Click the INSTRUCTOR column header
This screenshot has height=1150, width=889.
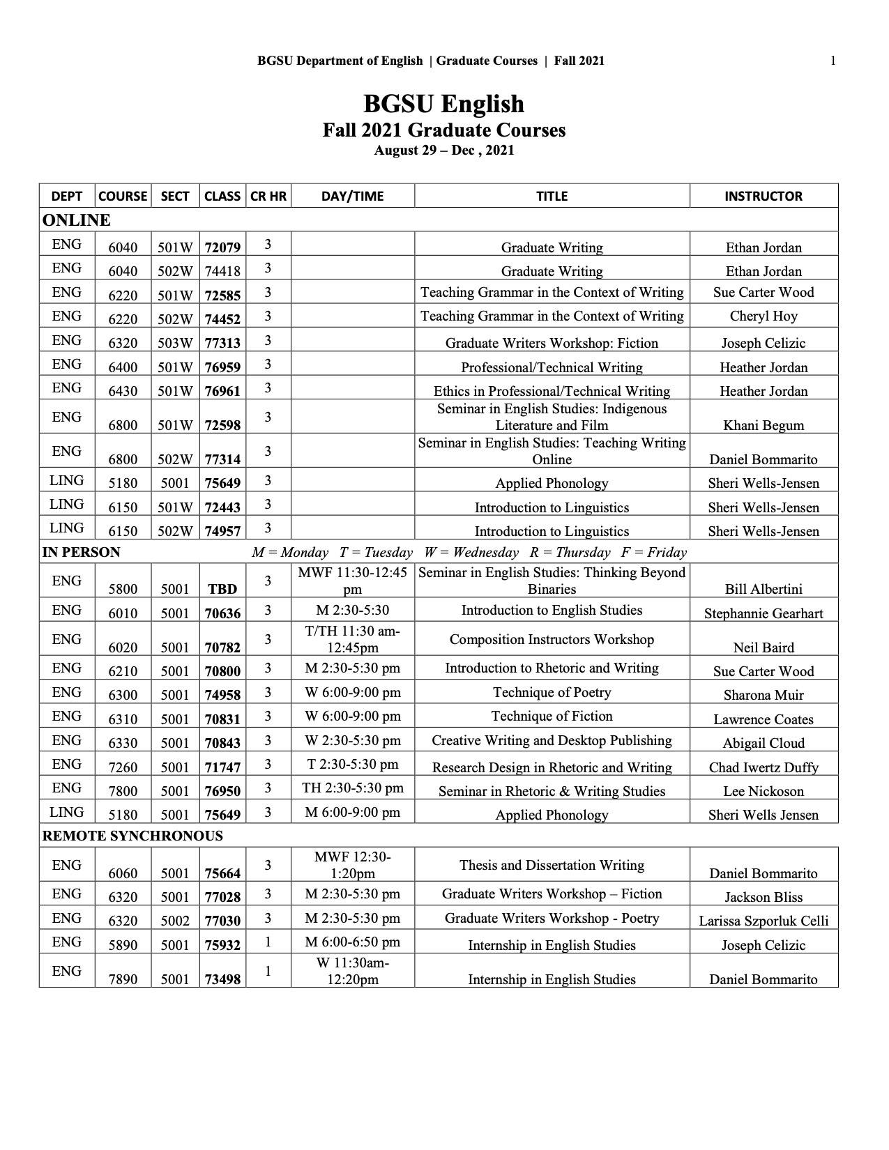click(x=763, y=196)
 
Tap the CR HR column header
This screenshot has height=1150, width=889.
click(x=268, y=196)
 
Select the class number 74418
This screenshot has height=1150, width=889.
click(x=222, y=271)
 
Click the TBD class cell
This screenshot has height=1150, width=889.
click(x=222, y=589)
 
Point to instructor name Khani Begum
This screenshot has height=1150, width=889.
click(x=763, y=425)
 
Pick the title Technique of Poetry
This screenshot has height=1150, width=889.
click(x=552, y=692)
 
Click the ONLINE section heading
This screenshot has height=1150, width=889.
click(x=77, y=220)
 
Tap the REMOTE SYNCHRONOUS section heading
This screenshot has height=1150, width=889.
click(x=132, y=836)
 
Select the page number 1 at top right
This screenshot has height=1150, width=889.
click(x=833, y=61)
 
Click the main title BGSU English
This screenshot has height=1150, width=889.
click(x=443, y=104)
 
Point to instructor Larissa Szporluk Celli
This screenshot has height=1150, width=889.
click(x=763, y=921)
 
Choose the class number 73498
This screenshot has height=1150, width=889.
click(x=222, y=979)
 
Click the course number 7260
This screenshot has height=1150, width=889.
click(x=123, y=767)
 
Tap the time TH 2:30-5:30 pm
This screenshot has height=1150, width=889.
click(x=353, y=788)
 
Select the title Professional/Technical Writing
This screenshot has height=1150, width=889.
click(x=552, y=367)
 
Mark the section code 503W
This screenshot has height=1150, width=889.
click(x=175, y=343)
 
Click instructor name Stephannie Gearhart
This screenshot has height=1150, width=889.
click(x=763, y=613)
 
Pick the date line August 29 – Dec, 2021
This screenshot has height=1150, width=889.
click(x=443, y=150)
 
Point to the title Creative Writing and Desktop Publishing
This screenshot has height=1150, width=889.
click(x=552, y=740)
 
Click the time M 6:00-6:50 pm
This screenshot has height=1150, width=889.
click(x=353, y=942)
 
